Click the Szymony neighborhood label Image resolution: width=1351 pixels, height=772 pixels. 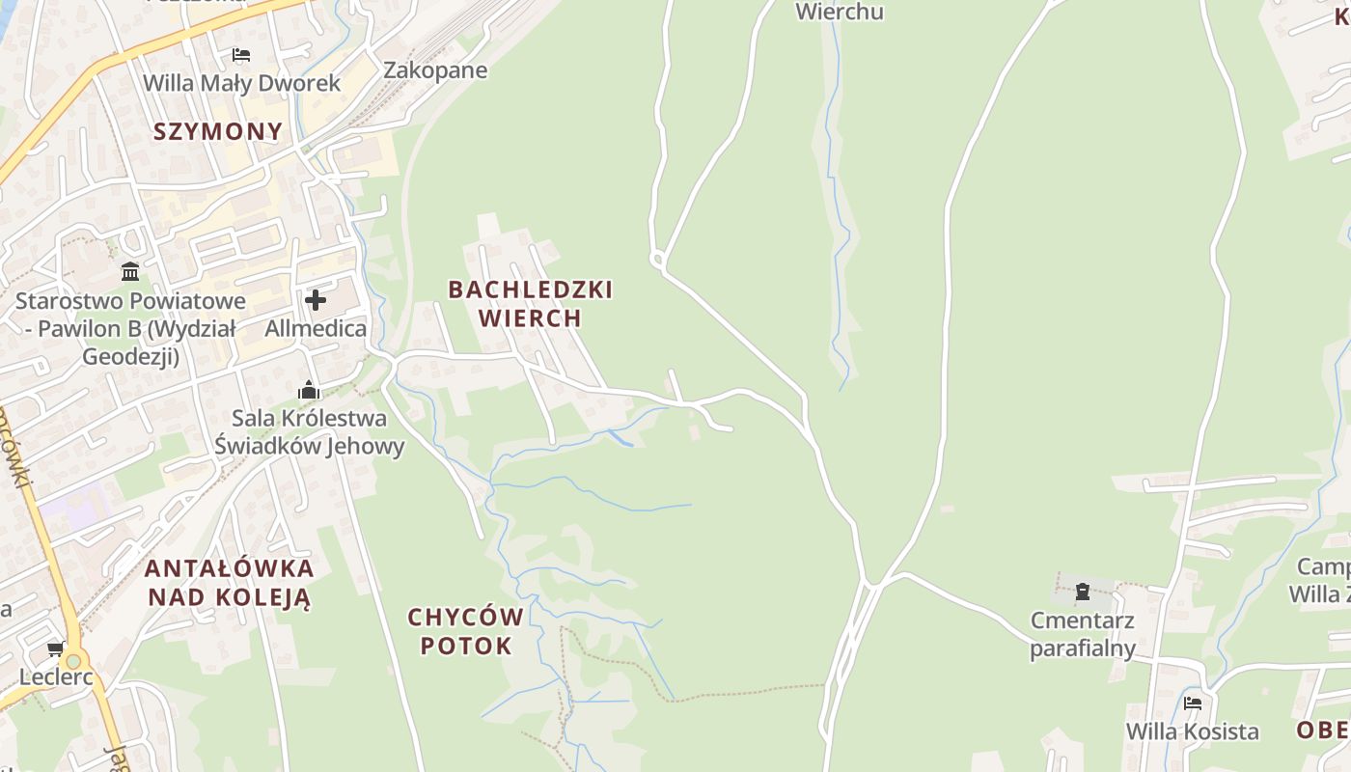(218, 132)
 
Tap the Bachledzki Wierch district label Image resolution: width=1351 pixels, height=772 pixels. (530, 303)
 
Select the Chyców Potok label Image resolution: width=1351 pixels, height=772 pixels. (466, 631)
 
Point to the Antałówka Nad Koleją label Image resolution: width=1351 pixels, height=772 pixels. (230, 582)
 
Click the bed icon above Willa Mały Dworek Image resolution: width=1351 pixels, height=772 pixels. (241, 55)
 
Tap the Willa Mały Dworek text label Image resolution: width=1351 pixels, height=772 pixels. (241, 83)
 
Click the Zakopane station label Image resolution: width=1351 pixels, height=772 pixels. (435, 70)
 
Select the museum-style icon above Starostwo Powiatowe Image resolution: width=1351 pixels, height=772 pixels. (130, 271)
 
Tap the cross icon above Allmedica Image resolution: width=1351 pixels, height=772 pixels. (316, 300)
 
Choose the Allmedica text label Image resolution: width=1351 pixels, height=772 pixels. (316, 328)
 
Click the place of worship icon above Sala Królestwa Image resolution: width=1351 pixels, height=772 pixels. (309, 390)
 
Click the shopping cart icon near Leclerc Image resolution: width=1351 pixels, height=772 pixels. (56, 648)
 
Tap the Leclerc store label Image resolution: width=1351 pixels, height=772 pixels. (56, 676)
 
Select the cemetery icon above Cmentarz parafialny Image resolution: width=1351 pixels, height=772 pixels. (1083, 591)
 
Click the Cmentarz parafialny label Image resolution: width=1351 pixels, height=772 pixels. (1083, 633)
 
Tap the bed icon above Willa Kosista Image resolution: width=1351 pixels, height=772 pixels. (1193, 703)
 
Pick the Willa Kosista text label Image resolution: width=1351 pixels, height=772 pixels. (1193, 731)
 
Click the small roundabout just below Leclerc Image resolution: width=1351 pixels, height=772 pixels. (72, 662)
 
